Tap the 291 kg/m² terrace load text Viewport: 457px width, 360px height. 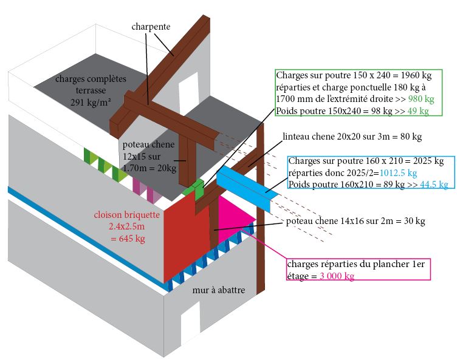pos(91,102)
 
